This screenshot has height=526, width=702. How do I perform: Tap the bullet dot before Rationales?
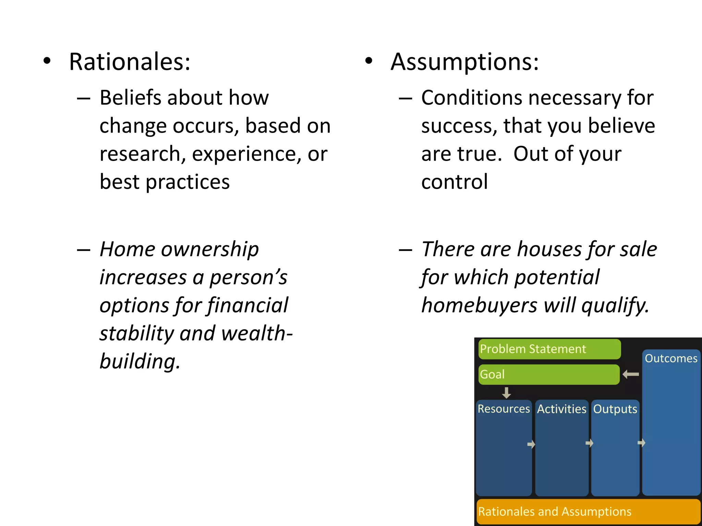[47, 61]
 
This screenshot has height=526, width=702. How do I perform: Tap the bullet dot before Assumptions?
[368, 61]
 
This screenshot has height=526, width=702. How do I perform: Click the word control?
[454, 181]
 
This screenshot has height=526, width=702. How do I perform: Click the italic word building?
[139, 361]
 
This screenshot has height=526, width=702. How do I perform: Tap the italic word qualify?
[615, 305]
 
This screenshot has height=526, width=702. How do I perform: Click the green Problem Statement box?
[549, 349]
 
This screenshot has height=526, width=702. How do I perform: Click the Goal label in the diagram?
[492, 374]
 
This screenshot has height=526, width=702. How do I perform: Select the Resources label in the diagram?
[504, 409]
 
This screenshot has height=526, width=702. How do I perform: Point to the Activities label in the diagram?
[561, 409]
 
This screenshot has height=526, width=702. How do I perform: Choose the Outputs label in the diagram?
[615, 409]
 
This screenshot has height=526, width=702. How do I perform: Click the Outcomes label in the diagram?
[671, 358]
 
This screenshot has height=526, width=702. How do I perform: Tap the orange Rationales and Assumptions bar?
[588, 512]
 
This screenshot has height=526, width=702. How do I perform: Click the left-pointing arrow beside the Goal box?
[631, 374]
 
